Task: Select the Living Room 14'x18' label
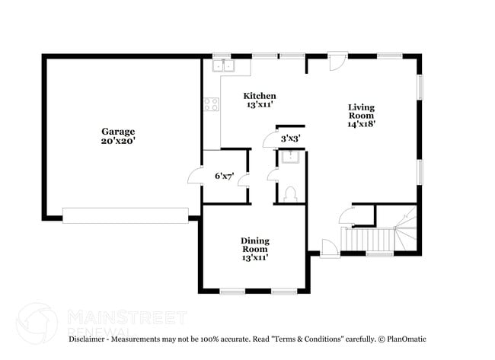(361, 115)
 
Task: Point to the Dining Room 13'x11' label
(255, 249)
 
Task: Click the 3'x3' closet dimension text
(290, 139)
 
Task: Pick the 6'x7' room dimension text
(224, 176)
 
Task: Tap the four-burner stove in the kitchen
(211, 104)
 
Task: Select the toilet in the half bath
(289, 195)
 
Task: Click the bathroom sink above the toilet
(289, 158)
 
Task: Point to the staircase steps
(369, 240)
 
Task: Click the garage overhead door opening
(125, 215)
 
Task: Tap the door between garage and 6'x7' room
(195, 177)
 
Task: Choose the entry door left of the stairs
(328, 249)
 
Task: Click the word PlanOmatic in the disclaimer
(407, 339)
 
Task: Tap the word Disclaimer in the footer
(89, 339)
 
